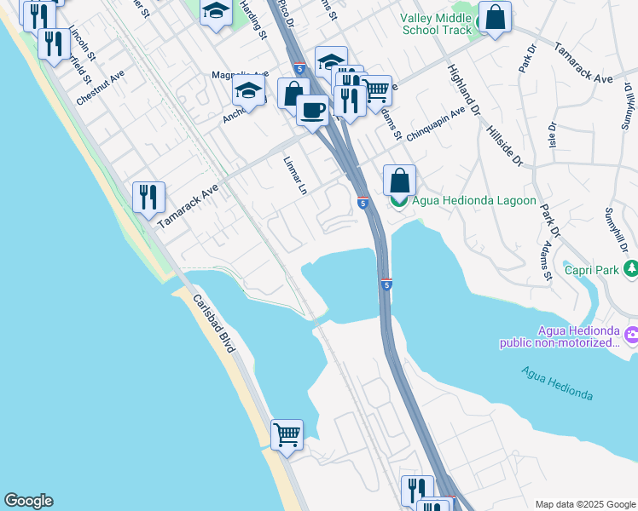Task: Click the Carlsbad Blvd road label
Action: (x=214, y=324)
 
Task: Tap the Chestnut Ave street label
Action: (x=101, y=88)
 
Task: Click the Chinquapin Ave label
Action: (x=435, y=123)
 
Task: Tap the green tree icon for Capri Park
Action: (x=630, y=269)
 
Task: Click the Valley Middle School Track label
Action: (x=435, y=24)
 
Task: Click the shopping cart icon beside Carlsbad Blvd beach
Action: (x=287, y=434)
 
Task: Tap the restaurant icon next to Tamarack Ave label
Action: (x=149, y=197)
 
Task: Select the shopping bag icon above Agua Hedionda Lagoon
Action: (x=399, y=180)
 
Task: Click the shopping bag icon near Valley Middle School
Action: (x=494, y=16)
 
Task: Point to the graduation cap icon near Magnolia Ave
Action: (x=248, y=91)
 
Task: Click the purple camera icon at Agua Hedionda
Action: (x=630, y=336)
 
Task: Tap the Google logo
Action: (x=27, y=501)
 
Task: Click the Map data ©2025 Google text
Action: (x=584, y=503)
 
